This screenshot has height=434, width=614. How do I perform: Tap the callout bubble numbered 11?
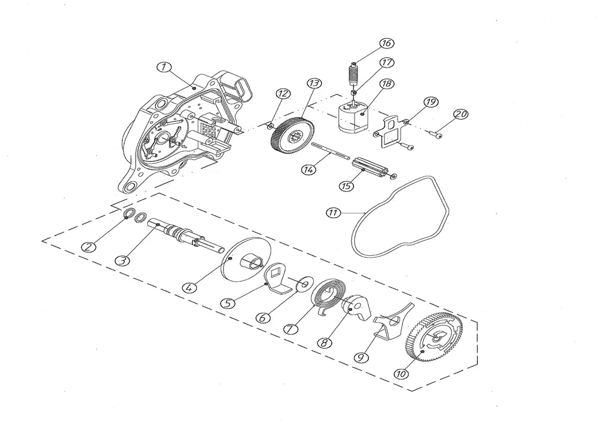pyautogui.click(x=334, y=212)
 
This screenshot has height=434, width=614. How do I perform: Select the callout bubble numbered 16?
pyautogui.click(x=386, y=44)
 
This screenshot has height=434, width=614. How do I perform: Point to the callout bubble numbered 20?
pyautogui.click(x=460, y=114)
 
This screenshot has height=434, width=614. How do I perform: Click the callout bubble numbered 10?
pyautogui.click(x=401, y=373)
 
